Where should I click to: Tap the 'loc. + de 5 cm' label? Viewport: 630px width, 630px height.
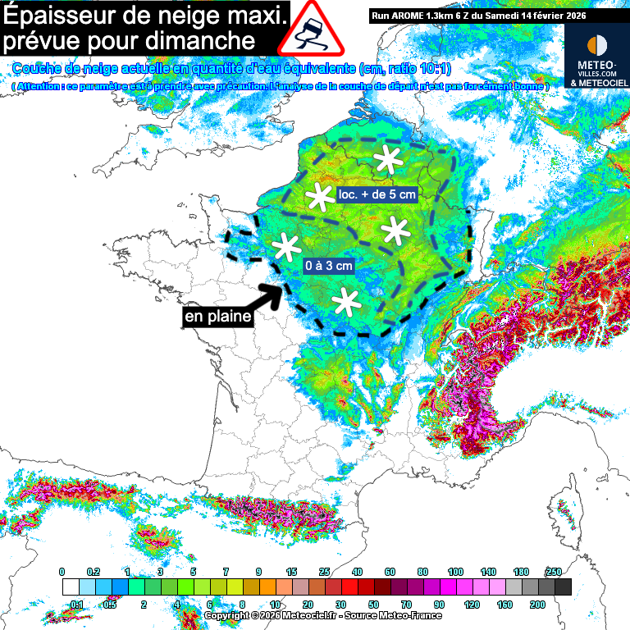coord(377,194)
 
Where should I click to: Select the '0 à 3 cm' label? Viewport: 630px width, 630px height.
coord(328,266)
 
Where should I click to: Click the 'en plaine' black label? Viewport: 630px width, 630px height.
coord(217,316)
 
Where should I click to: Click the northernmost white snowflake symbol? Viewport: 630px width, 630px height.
coord(386,161)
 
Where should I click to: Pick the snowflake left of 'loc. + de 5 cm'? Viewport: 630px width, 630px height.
coord(318,197)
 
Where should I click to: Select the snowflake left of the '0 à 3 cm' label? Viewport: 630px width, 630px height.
coord(286,246)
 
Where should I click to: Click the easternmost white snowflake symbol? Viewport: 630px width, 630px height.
coord(396,232)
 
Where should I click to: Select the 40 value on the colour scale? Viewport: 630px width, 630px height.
coord(358,572)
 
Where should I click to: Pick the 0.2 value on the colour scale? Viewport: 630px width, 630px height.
coord(94,572)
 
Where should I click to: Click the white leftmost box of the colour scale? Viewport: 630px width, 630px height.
coord(71,587)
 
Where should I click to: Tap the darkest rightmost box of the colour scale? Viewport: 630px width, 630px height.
coord(563,587)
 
